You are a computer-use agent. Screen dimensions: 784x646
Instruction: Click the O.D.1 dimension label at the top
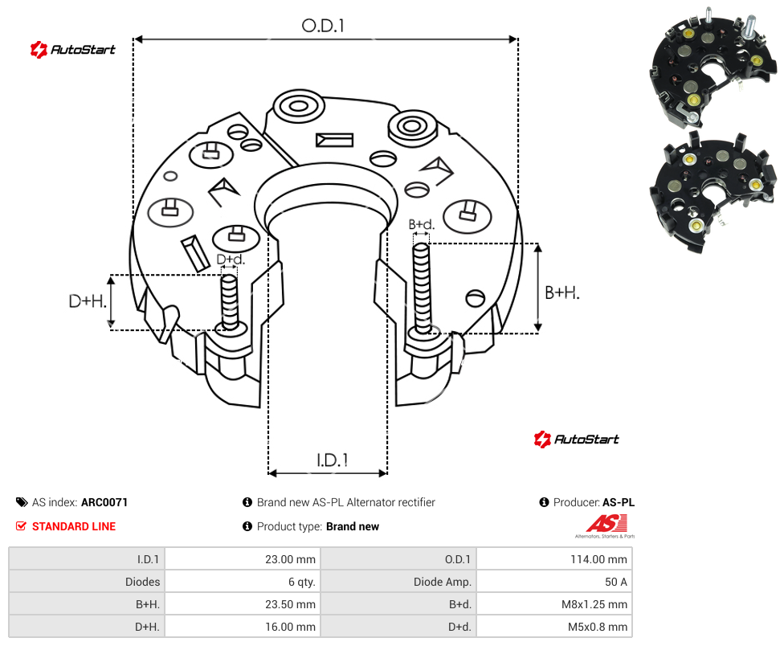pos(323,26)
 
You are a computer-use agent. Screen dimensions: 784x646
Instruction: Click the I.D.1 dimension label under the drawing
pos(333,460)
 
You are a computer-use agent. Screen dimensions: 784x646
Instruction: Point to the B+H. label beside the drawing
pos(562,292)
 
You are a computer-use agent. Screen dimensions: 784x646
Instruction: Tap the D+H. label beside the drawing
pos(88,301)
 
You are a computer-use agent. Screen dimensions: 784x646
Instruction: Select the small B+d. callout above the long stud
pos(422,224)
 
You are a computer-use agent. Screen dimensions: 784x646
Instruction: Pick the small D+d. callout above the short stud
pos(231,259)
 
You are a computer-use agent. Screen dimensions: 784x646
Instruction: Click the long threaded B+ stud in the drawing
pos(422,289)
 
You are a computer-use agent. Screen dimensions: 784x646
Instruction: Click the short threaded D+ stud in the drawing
pos(230,302)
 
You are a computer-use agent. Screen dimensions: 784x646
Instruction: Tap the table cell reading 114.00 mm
pos(554,559)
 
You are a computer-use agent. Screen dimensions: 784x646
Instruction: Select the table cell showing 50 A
pos(554,582)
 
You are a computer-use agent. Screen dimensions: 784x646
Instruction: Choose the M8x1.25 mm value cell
pos(554,604)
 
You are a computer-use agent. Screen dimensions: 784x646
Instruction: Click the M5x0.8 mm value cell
pos(554,627)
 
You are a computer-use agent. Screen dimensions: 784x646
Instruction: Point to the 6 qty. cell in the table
pos(243,582)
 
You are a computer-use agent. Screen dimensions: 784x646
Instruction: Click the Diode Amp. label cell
pos(398,582)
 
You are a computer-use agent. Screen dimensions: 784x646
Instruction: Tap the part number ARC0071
pos(104,502)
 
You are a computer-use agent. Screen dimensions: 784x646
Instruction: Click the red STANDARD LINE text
pos(74,526)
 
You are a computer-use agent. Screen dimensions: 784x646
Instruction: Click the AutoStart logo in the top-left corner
pos(73,50)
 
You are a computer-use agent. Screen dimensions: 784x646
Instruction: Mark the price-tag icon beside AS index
pos(22,502)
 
